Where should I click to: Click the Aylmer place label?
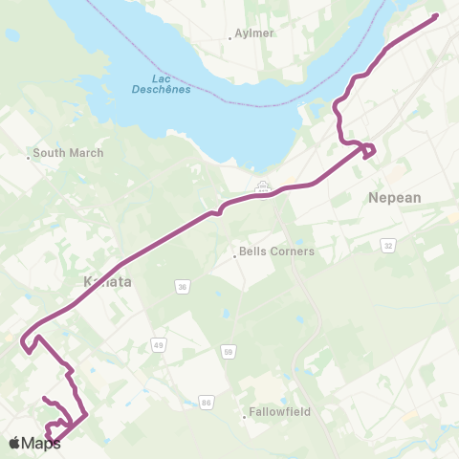pyautogui.click(x=254, y=33)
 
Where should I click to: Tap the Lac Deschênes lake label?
pyautogui.click(x=160, y=84)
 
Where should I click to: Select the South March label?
pyautogui.click(x=68, y=152)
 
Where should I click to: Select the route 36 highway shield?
pyautogui.click(x=182, y=286)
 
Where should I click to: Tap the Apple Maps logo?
pyautogui.click(x=34, y=443)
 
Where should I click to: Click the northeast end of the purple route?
pyautogui.click(x=436, y=15)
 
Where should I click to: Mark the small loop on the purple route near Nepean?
pyautogui.click(x=368, y=151)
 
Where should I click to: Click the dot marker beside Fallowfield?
pyautogui.click(x=244, y=414)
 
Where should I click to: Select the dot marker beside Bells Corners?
pyautogui.click(x=235, y=254)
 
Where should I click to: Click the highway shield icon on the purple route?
pyautogui.click(x=263, y=188)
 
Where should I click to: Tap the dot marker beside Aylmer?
pyautogui.click(x=230, y=38)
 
